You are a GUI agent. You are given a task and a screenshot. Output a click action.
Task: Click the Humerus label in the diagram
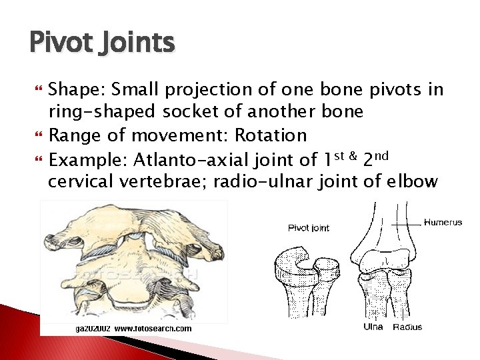[443, 223]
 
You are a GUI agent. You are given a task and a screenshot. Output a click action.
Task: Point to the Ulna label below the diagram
[373, 327]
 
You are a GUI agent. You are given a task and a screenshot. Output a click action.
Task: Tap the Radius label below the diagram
[407, 327]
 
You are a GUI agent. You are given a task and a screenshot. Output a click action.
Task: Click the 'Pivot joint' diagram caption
[308, 228]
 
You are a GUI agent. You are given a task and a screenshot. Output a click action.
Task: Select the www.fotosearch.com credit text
[153, 329]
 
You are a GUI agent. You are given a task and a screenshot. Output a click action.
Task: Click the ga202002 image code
[92, 329]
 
